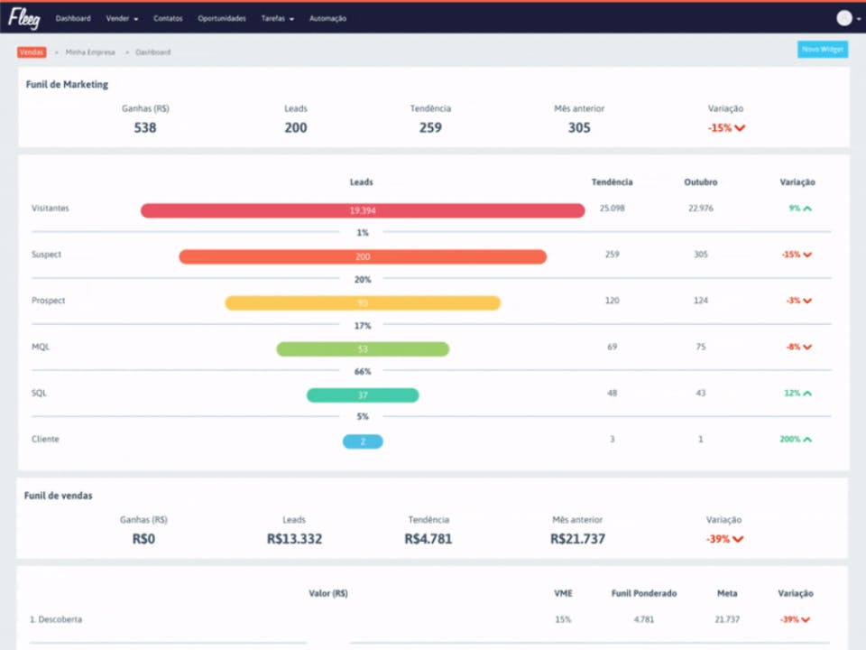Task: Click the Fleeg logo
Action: [x=23, y=18]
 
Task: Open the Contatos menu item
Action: [x=168, y=19]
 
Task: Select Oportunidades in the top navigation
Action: [x=222, y=19]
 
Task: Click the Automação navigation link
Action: [x=327, y=19]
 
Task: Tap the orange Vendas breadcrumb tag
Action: [x=32, y=52]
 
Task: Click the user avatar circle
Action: [x=844, y=18]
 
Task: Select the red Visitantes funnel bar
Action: [x=363, y=210]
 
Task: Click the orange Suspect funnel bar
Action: [x=363, y=256]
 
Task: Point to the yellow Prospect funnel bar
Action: [x=363, y=303]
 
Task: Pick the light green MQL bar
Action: [x=363, y=349]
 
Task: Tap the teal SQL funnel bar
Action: [x=363, y=395]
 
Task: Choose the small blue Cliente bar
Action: [x=363, y=441]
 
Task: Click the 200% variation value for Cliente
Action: [x=791, y=439]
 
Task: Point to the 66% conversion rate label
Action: [x=363, y=371]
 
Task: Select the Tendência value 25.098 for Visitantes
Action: [x=612, y=209]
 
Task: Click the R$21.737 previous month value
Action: [x=577, y=539]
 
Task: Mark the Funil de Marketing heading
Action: [x=67, y=85]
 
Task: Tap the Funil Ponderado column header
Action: [x=643, y=593]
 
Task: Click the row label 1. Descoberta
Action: [x=57, y=619]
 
